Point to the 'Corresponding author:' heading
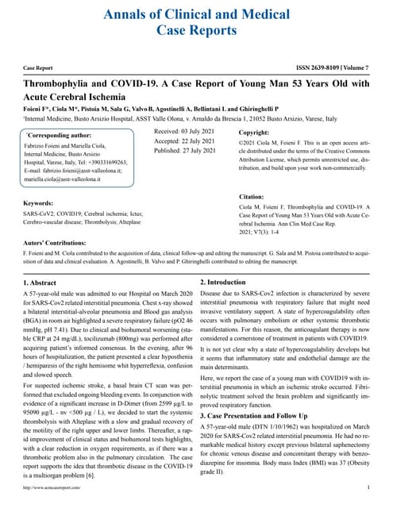[62, 136]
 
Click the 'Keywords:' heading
[44, 204]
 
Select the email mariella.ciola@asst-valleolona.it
[71, 179]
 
